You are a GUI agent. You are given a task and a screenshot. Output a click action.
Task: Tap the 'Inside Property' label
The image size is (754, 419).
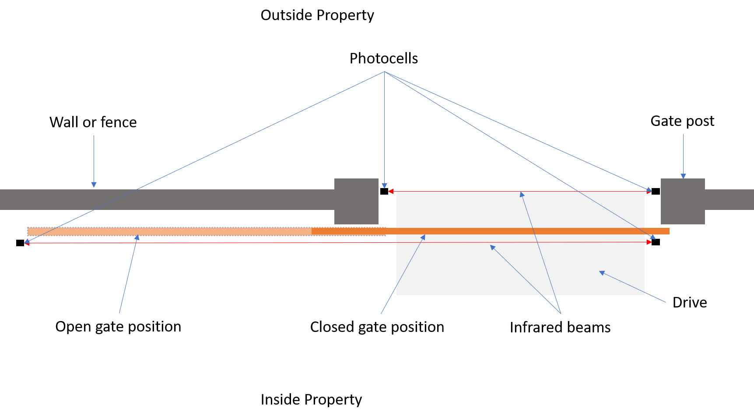click(x=311, y=400)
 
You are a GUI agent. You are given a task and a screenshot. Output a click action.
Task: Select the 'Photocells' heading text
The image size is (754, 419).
click(x=384, y=59)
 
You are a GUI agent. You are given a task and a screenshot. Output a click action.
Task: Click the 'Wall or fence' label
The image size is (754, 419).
click(x=93, y=122)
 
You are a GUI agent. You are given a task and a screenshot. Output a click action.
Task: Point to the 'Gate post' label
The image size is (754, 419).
click(x=682, y=121)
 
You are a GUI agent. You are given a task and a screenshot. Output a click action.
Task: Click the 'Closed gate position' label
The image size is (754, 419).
click(x=377, y=327)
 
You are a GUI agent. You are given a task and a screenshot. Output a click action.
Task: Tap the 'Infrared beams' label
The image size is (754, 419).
click(x=560, y=328)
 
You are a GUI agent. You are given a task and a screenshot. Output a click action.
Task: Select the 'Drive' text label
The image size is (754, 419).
click(x=690, y=303)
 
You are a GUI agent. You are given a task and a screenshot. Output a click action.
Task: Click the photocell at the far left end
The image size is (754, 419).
click(x=20, y=243)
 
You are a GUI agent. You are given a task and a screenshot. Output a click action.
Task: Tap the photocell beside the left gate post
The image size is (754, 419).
click(x=384, y=191)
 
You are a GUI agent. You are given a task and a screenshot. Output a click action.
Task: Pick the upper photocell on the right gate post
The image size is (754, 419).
click(x=656, y=191)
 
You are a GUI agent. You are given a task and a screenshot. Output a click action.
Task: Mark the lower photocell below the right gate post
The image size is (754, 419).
click(x=656, y=242)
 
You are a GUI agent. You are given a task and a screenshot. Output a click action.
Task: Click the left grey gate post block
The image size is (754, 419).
click(x=356, y=201)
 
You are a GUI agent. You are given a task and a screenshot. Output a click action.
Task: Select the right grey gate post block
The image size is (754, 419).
click(x=683, y=201)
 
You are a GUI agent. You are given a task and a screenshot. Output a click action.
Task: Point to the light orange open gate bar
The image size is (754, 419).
click(x=169, y=231)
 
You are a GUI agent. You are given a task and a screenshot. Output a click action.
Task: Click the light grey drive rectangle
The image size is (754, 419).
click(x=520, y=243)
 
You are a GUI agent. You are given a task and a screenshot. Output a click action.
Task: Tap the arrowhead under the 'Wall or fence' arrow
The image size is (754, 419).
click(x=94, y=185)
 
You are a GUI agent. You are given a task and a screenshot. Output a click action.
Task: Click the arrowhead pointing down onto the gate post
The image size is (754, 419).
click(x=683, y=176)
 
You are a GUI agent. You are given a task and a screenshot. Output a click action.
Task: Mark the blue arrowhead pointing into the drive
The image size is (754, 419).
click(x=602, y=273)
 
